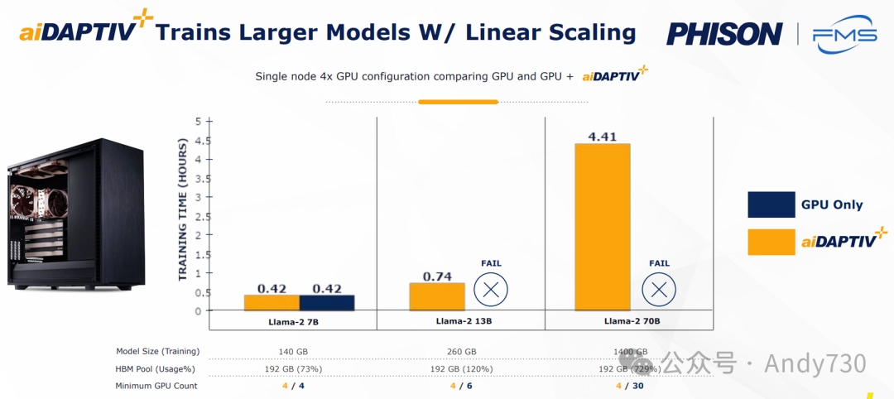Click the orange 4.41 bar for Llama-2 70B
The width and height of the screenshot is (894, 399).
tap(603, 228)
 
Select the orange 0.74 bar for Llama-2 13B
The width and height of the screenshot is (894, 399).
tap(437, 296)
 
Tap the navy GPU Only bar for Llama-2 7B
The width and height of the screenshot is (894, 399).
tap(327, 303)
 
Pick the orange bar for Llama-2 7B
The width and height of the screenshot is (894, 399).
tap(272, 303)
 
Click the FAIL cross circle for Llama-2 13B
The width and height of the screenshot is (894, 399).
tap(491, 290)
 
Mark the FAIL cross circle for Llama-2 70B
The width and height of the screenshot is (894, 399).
tap(659, 290)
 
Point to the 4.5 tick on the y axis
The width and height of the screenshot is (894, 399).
tap(198, 140)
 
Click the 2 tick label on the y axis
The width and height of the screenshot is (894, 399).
tap(198, 235)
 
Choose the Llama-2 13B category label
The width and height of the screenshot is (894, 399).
tap(460, 321)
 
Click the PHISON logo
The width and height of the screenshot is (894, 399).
tap(724, 34)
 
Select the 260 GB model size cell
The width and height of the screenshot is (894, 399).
tap(460, 351)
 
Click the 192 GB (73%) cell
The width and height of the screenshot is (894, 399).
tap(294, 368)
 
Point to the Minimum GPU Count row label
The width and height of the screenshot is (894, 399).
tap(156, 386)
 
